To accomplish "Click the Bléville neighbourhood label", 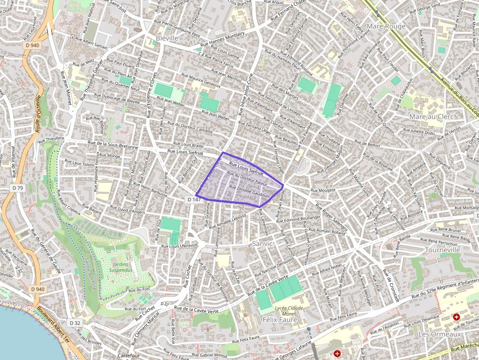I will [165, 38].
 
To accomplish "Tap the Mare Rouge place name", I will [386, 26].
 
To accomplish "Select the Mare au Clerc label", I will [432, 117].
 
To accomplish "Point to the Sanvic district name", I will [262, 243].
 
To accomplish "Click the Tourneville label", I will [443, 250].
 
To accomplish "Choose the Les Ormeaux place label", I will [440, 334].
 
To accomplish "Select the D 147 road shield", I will [194, 199].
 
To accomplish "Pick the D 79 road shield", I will [18, 188].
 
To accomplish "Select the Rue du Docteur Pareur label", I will [247, 180].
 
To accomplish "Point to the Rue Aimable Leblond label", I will [227, 222].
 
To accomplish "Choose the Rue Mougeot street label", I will [323, 190].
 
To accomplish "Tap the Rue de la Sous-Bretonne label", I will [113, 145].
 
